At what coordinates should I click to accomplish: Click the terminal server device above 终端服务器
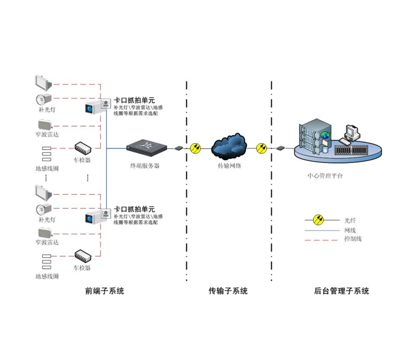click(x=147, y=148)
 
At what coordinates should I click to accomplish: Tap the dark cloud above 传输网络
click(x=229, y=146)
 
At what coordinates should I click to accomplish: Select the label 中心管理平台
click(x=325, y=176)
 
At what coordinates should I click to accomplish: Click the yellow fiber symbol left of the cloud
click(x=195, y=148)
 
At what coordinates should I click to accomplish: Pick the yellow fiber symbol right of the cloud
click(x=262, y=148)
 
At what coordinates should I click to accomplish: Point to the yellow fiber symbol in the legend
click(x=318, y=220)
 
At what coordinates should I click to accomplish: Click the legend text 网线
click(x=350, y=230)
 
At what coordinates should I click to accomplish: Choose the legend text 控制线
click(x=353, y=239)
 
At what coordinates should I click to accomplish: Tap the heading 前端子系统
click(x=105, y=291)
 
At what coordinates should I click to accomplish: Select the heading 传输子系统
click(x=228, y=291)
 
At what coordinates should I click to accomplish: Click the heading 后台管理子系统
click(x=342, y=291)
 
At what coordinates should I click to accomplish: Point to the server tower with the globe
click(x=315, y=137)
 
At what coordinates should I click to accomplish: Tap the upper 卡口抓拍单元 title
click(x=134, y=100)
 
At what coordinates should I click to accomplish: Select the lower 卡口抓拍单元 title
click(x=134, y=209)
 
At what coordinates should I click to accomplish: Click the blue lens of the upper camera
click(x=89, y=108)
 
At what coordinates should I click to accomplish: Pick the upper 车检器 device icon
click(x=83, y=148)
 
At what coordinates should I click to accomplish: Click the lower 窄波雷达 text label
click(x=47, y=243)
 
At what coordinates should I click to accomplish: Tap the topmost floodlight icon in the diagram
click(x=43, y=83)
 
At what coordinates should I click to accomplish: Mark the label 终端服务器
click(x=144, y=166)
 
